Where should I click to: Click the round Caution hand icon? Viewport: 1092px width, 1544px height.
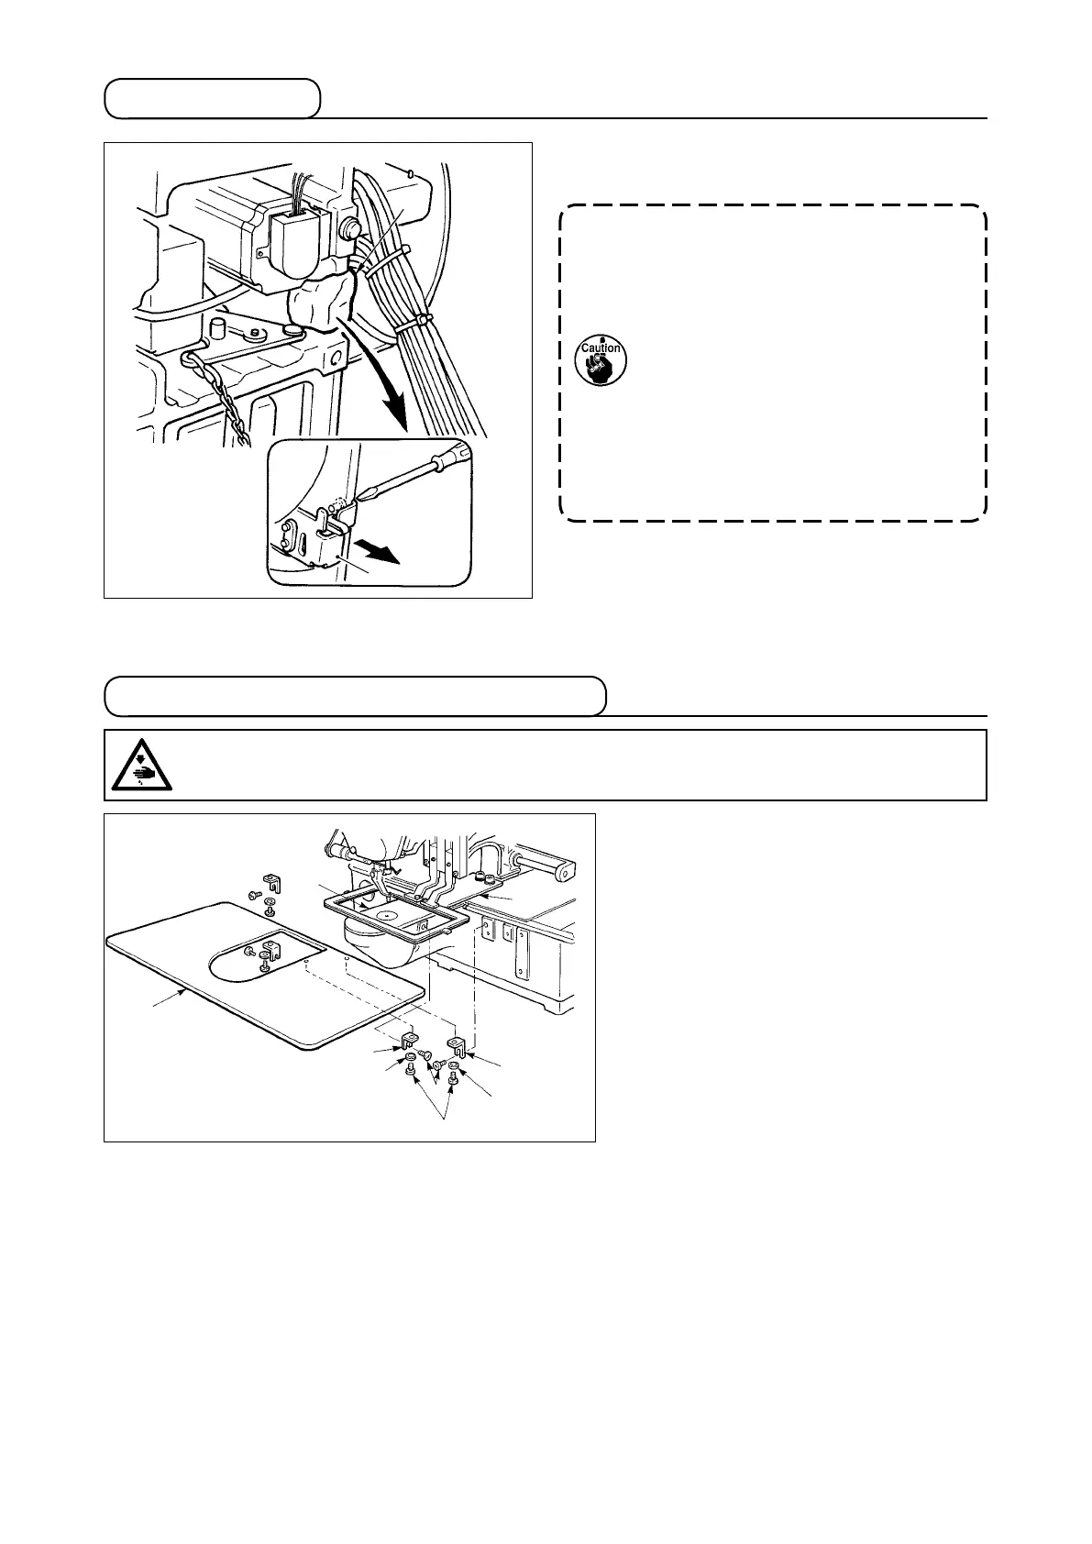(601, 359)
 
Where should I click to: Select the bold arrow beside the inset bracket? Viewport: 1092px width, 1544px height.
(378, 553)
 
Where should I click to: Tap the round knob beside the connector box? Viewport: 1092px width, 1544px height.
(348, 226)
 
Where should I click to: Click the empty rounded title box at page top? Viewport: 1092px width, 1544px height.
(212, 99)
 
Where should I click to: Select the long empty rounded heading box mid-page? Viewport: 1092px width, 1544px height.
(355, 696)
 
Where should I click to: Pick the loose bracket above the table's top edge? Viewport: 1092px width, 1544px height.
(270, 882)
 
